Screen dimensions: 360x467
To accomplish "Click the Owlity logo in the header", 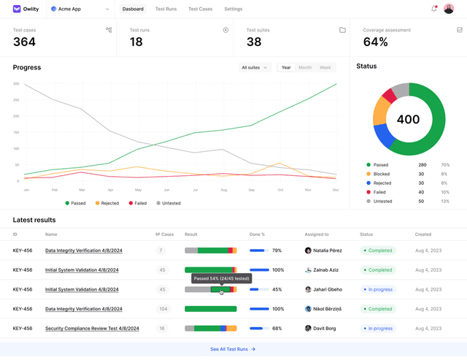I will [x=26, y=9].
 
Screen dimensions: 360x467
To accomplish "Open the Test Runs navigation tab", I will [x=166, y=9].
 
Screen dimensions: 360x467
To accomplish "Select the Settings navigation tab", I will [x=233, y=9].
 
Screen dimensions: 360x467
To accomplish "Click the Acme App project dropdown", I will [x=80, y=9].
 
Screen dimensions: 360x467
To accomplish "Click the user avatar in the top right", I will [x=449, y=9].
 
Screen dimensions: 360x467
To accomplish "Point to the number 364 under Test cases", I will [x=24, y=42].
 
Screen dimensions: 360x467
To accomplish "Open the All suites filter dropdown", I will [x=255, y=67].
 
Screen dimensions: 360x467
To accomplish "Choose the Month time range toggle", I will [x=304, y=67].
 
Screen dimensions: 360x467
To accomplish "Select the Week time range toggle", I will [x=325, y=67].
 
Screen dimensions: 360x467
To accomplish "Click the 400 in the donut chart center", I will [x=409, y=119].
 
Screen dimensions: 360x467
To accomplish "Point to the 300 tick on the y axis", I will [x=16, y=84].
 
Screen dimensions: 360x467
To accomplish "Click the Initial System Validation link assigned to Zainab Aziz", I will [x=82, y=270].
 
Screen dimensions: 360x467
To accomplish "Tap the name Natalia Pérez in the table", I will [x=328, y=250].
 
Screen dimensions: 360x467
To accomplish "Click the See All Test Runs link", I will [x=233, y=349].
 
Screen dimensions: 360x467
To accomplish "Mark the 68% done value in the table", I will [x=277, y=329].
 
